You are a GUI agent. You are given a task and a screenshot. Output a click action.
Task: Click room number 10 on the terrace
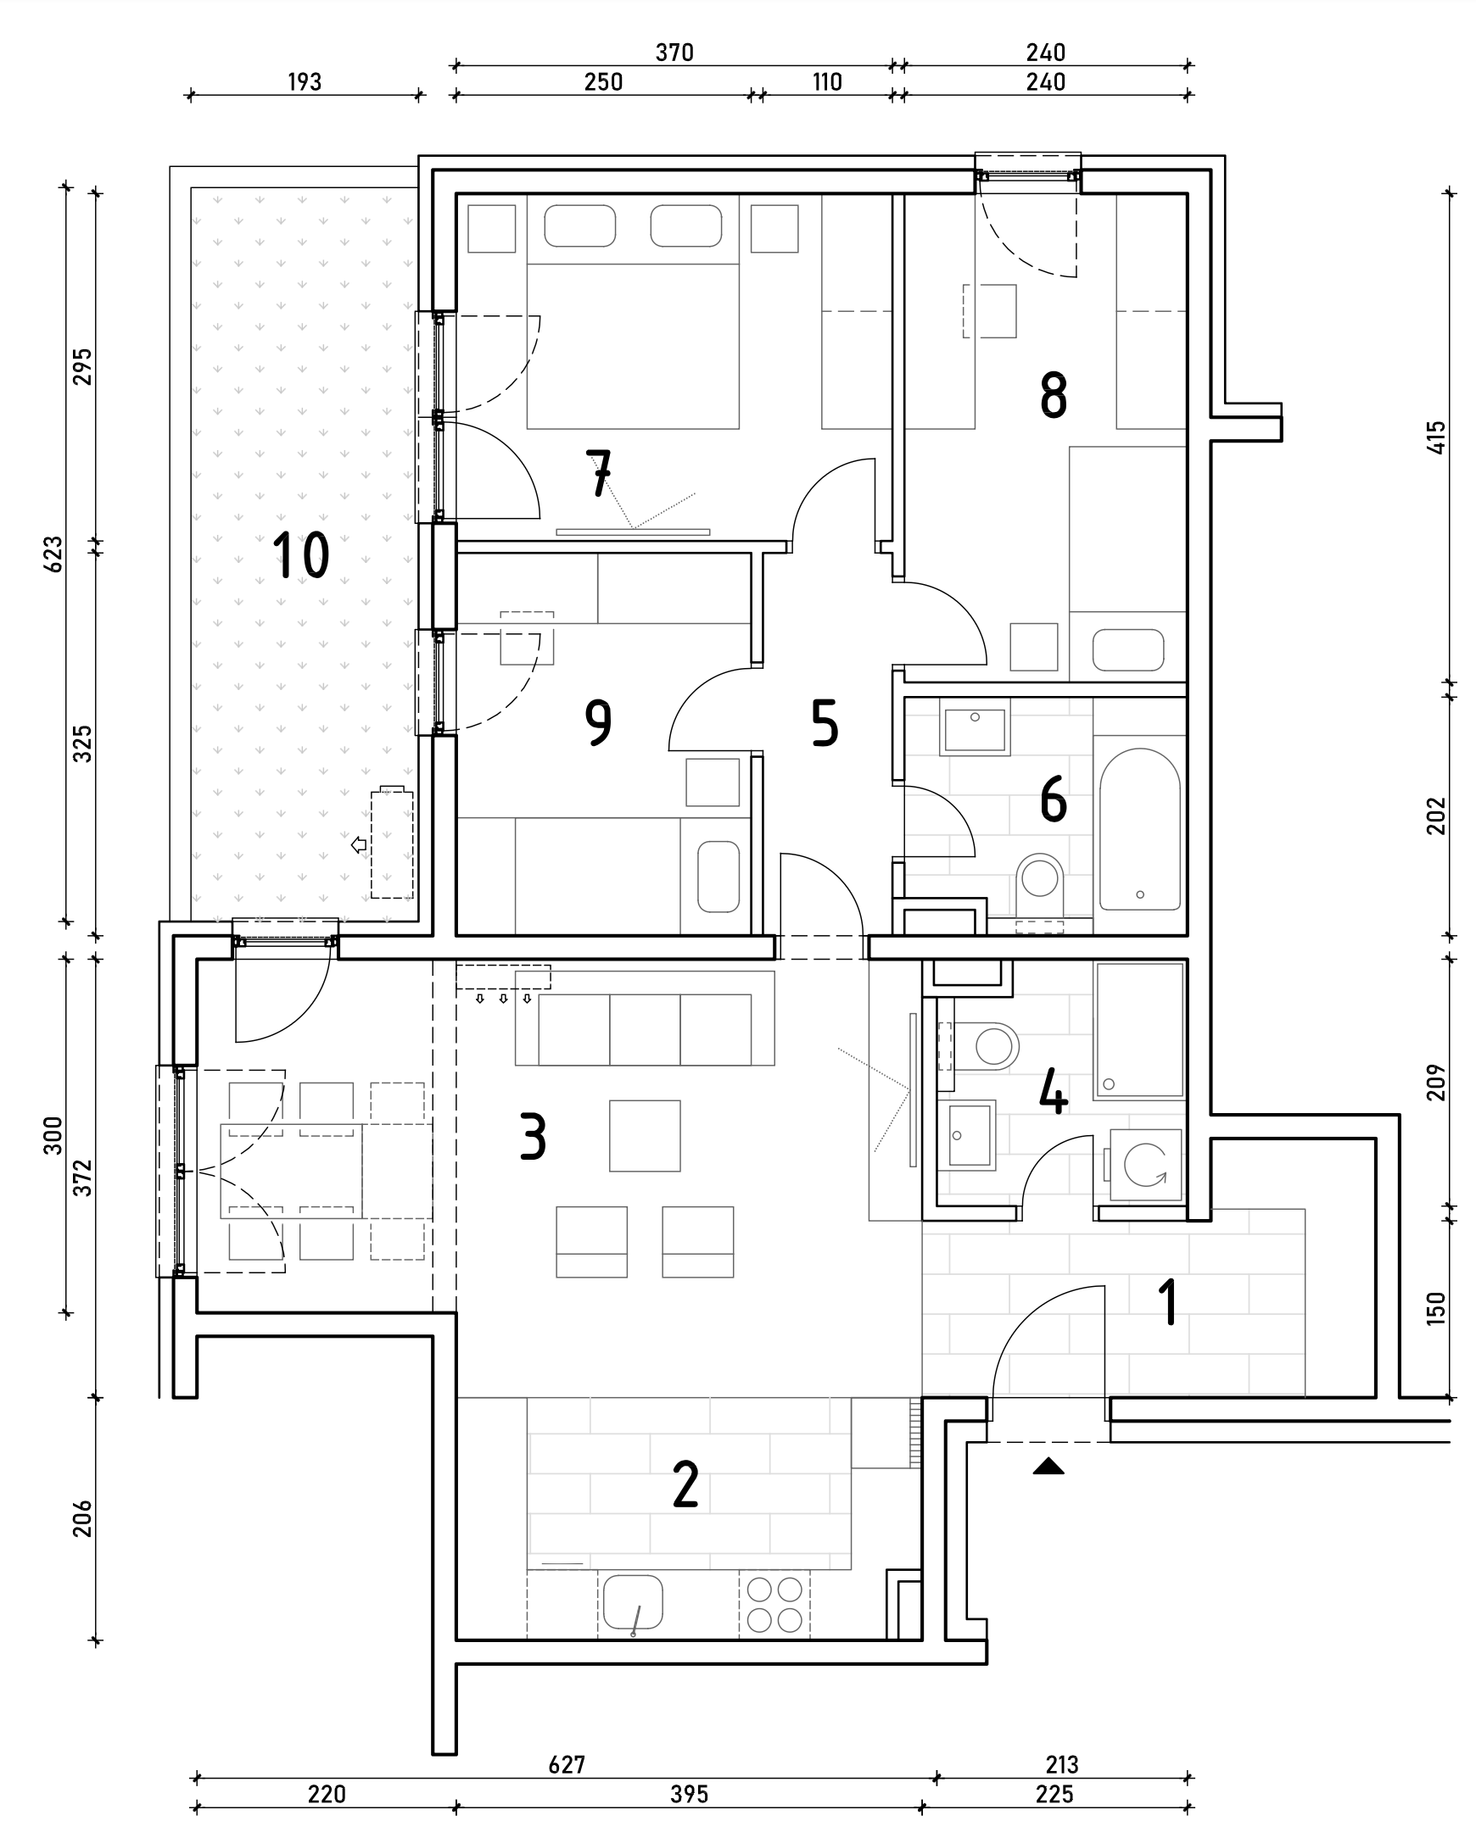coord(301,554)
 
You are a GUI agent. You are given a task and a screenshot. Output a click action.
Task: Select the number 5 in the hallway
coord(825,723)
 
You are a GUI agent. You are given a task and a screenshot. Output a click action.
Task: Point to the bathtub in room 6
coord(1139,829)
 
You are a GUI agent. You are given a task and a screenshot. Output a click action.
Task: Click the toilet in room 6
coord(1039,886)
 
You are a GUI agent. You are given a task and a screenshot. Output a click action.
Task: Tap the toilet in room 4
coord(983,1044)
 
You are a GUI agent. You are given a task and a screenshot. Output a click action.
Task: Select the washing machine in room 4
coord(1144,1165)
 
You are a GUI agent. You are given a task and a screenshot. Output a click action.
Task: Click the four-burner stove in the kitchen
coord(774,1605)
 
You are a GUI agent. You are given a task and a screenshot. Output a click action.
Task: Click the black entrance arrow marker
coord(1048,1467)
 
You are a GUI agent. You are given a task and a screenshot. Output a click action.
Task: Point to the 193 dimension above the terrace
coord(305,82)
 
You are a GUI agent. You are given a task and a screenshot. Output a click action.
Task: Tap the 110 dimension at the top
coord(827,82)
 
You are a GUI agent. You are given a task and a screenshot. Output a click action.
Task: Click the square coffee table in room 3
coord(645,1135)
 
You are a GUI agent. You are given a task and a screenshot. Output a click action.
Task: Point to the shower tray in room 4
coord(1140,1030)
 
